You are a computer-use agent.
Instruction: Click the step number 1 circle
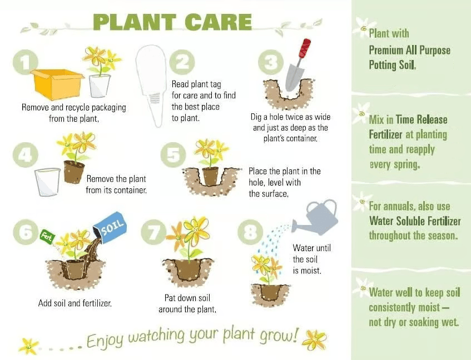click(26, 62)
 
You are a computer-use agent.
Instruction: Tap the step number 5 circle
click(173, 155)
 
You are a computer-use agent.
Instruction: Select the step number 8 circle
click(250, 232)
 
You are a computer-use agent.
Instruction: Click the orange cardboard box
click(57, 84)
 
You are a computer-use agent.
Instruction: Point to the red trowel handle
click(305, 48)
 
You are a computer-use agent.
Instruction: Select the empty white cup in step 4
click(47, 182)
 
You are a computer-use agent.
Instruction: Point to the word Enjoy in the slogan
click(105, 341)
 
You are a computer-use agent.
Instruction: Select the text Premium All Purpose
click(409, 50)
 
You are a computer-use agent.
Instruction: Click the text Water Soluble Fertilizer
click(415, 221)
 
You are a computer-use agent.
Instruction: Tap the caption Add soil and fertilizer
click(75, 303)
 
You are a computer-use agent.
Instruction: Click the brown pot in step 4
click(73, 172)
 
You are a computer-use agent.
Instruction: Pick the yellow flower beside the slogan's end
click(314, 340)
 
